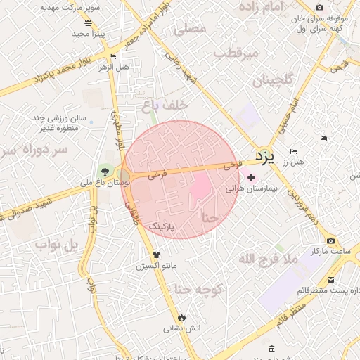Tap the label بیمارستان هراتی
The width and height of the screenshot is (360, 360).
[252, 188]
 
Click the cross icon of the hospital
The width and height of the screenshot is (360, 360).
[252, 177]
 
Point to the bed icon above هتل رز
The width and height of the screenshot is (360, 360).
[293, 152]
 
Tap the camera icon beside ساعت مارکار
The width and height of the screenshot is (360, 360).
[311, 251]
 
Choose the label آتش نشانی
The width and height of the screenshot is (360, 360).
[182, 328]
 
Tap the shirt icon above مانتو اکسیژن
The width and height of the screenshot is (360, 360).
[155, 255]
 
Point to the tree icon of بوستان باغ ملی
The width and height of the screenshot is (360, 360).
[105, 172]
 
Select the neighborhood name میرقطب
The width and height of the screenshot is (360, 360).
[236, 53]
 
